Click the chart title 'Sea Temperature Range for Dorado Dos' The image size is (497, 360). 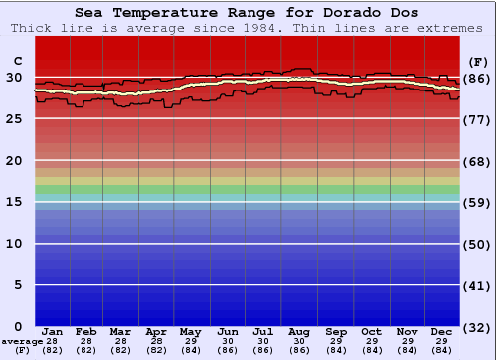pyautogui.click(x=247, y=12)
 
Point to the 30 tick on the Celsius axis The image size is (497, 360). pyautogui.click(x=14, y=77)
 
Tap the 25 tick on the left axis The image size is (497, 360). pyautogui.click(x=14, y=118)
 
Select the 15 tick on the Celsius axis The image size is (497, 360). pyautogui.click(x=14, y=202)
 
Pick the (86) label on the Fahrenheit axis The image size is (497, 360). pyautogui.click(x=477, y=77)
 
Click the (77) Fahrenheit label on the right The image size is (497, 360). pyautogui.click(x=477, y=118)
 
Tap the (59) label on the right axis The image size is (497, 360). pyautogui.click(x=477, y=202)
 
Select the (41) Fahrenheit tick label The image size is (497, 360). pyautogui.click(x=477, y=285)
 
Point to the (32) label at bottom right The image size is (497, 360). pyautogui.click(x=477, y=327)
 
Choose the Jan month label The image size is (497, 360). pyautogui.click(x=53, y=331)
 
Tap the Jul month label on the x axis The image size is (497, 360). pyautogui.click(x=263, y=331)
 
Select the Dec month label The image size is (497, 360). pyautogui.click(x=441, y=331)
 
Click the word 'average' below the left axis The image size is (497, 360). pyautogui.click(x=21, y=341)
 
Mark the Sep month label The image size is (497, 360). pyautogui.click(x=336, y=331)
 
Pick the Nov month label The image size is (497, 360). pyautogui.click(x=407, y=331)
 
